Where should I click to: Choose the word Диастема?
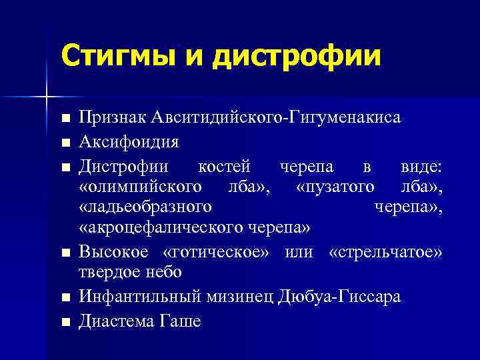pos(115,321)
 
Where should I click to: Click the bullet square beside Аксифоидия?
pos(64,142)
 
